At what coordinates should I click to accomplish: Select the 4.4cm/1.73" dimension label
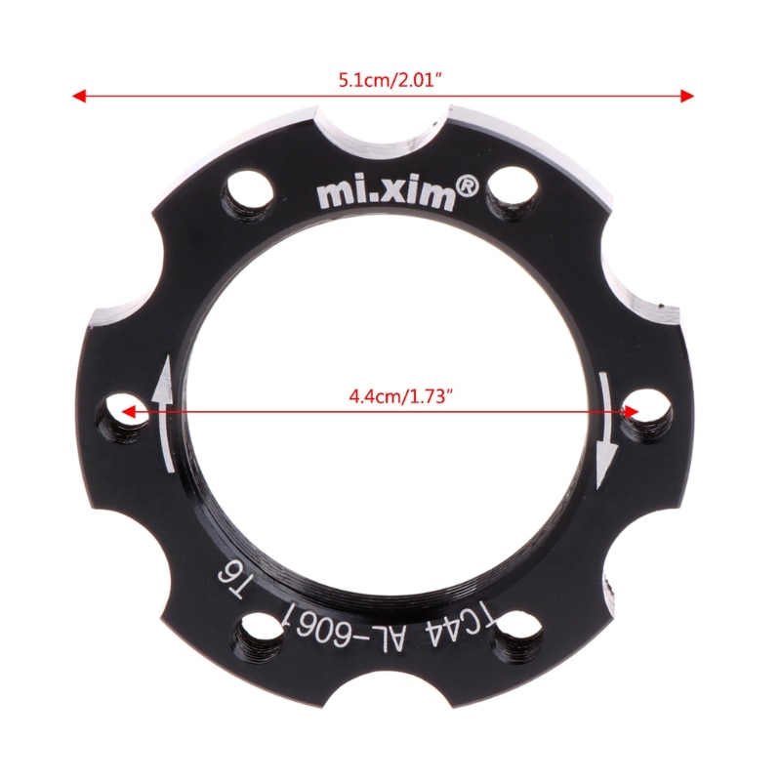(403, 397)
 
